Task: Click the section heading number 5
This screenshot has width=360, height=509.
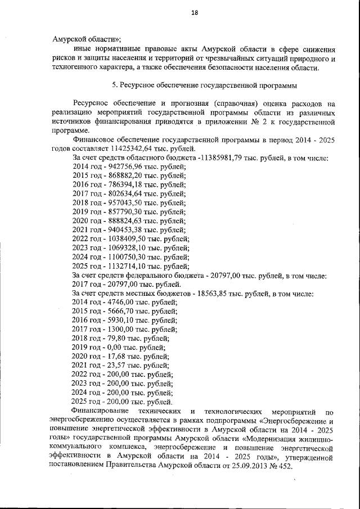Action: tap(114, 85)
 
